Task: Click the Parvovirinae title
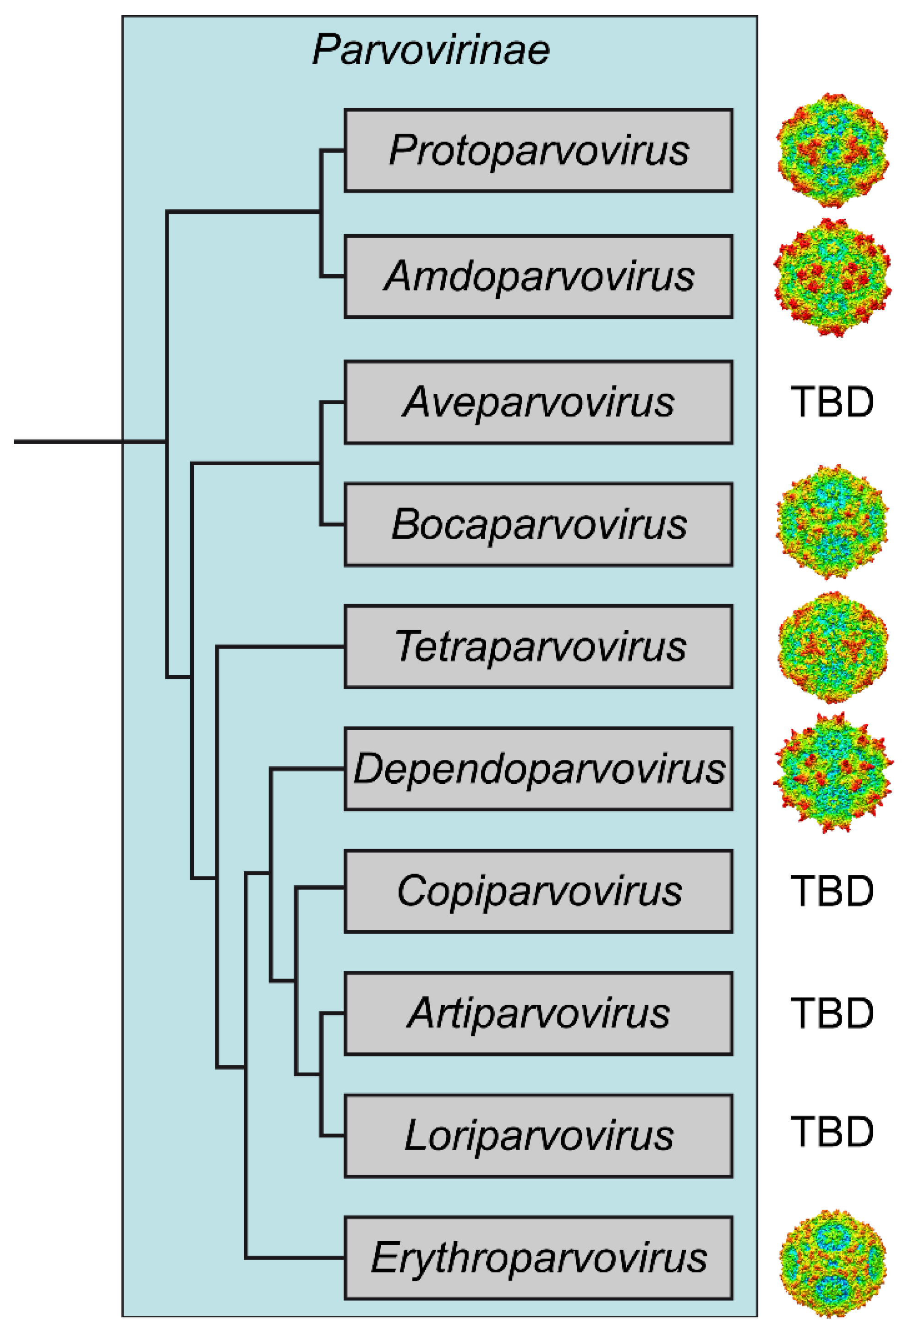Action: click(x=431, y=50)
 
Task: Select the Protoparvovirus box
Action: click(x=538, y=150)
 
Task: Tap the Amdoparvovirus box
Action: click(x=538, y=276)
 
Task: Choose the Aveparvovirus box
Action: click(x=538, y=402)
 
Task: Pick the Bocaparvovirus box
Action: click(x=538, y=524)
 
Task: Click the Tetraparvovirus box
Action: click(x=538, y=646)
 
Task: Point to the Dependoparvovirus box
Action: click(x=538, y=769)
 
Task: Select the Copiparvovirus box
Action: click(x=538, y=891)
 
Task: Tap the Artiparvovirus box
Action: click(x=538, y=1013)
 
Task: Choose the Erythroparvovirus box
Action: click(x=538, y=1258)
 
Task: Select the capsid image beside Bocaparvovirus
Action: click(x=832, y=522)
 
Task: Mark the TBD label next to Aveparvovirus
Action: click(x=832, y=402)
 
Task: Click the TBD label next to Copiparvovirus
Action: click(x=832, y=891)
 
